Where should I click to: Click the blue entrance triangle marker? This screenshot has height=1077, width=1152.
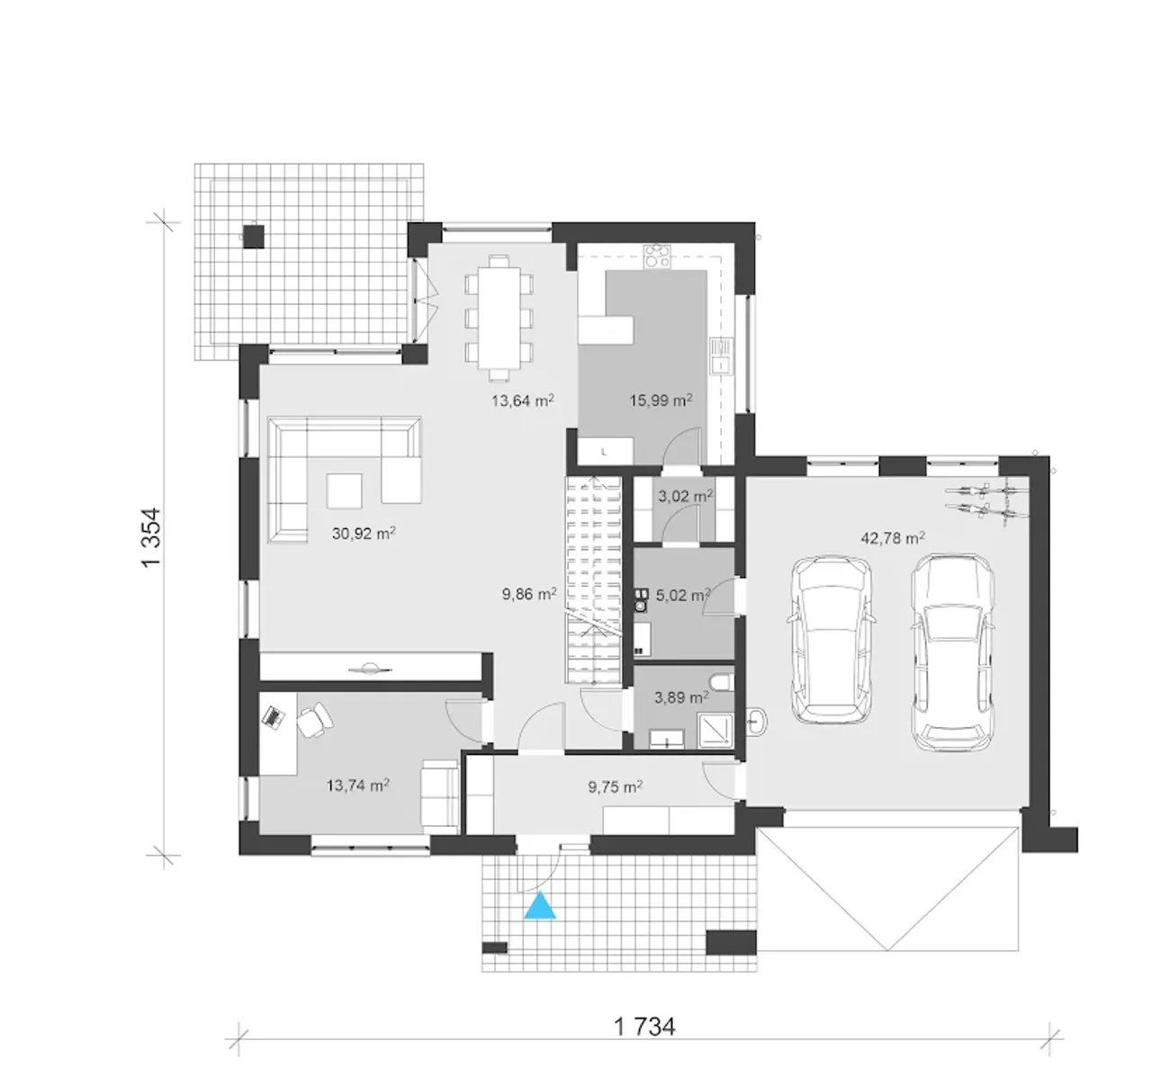click(540, 906)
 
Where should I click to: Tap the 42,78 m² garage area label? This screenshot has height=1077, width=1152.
click(893, 538)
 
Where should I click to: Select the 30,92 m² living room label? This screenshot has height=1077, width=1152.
click(364, 533)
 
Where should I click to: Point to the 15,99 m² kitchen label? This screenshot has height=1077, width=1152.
click(661, 399)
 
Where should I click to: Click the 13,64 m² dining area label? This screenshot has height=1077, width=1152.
click(523, 399)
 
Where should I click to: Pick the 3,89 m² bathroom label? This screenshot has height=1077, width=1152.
click(681, 697)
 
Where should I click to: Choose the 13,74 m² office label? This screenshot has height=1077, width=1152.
click(358, 785)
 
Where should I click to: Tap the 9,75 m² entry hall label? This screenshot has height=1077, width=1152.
click(616, 786)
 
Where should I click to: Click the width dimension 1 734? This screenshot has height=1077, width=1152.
click(644, 1027)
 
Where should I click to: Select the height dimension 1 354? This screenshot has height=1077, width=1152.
click(151, 538)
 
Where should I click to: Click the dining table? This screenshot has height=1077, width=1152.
click(499, 318)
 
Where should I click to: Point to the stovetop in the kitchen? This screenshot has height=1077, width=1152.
click(658, 256)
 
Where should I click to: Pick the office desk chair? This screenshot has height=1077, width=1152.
click(314, 720)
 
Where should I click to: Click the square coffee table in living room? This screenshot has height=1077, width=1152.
click(345, 490)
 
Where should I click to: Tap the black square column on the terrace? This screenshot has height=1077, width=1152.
click(254, 236)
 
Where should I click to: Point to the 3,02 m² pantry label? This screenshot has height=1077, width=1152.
click(685, 496)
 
